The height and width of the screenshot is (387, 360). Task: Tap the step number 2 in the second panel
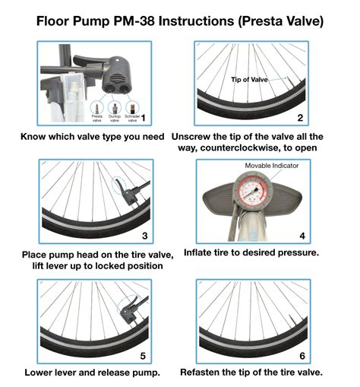tap(301, 119)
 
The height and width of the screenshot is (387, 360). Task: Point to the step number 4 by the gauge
tap(301, 236)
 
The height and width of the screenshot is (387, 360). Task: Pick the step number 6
tap(301, 355)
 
